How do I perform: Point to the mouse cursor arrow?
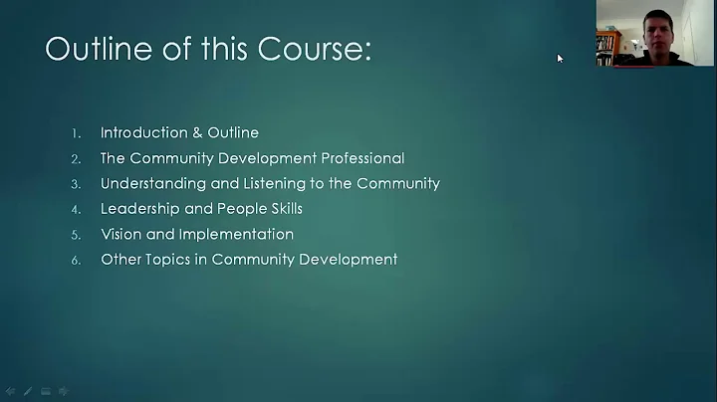click(560, 58)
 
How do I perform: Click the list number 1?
click(76, 132)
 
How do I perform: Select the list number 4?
click(76, 209)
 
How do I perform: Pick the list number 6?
click(76, 260)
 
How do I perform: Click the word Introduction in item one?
click(142, 132)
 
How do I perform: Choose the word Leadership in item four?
click(138, 209)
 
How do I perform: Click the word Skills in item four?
click(282, 209)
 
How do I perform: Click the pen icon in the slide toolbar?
click(28, 391)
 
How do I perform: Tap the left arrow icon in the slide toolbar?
click(10, 391)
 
